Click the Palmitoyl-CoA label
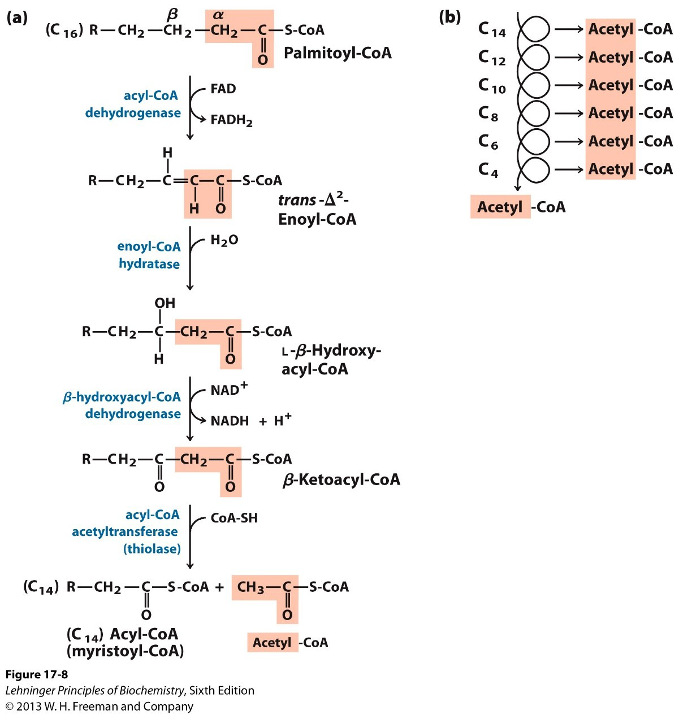pyautogui.click(x=337, y=53)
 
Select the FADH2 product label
pyautogui.click(x=231, y=120)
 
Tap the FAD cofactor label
pyautogui.click(x=223, y=89)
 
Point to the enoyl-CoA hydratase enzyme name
pyautogui.click(x=149, y=255)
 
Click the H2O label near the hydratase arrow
pyautogui.click(x=224, y=241)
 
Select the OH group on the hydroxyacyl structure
pyautogui.click(x=165, y=303)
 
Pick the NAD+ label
pyautogui.click(x=228, y=389)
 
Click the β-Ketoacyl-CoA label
pyautogui.click(x=341, y=480)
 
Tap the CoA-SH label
pyautogui.click(x=233, y=518)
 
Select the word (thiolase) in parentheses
pyautogui.click(x=152, y=548)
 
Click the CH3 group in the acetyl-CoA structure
pyautogui.click(x=250, y=587)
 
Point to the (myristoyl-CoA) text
pyautogui.click(x=125, y=651)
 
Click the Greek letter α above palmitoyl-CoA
pyautogui.click(x=218, y=16)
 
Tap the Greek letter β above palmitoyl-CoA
pyautogui.click(x=172, y=15)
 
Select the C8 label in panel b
pyautogui.click(x=488, y=114)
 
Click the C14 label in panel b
pyautogui.click(x=491, y=29)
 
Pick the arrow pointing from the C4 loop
pyautogui.click(x=568, y=169)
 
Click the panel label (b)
pyautogui.click(x=449, y=17)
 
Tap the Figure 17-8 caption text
pyautogui.click(x=36, y=674)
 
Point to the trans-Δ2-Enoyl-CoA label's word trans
pyautogui.click(x=297, y=200)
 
